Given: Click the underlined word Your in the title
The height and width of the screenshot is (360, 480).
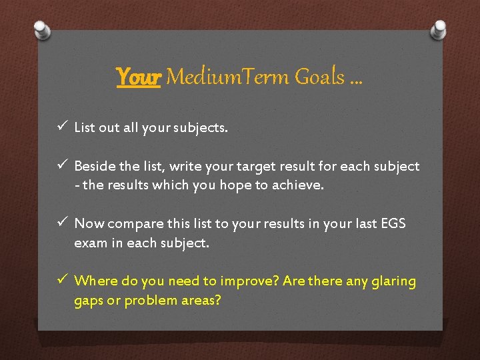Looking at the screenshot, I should click(x=138, y=77).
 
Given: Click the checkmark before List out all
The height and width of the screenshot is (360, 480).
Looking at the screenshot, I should click(x=61, y=127).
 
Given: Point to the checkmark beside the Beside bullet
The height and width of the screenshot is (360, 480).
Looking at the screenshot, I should click(x=61, y=165).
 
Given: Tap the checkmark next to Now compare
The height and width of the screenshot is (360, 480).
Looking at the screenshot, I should click(x=61, y=223).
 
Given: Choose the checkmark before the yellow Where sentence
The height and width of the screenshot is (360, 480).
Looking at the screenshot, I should click(x=61, y=281).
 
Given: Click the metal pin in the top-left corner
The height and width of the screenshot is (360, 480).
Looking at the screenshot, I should click(x=42, y=30).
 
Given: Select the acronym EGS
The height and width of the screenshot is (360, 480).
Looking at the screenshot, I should click(x=392, y=224).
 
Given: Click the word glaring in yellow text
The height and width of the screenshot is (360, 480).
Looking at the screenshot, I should click(x=391, y=282).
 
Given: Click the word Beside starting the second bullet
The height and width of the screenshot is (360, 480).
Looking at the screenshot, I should click(x=94, y=166).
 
